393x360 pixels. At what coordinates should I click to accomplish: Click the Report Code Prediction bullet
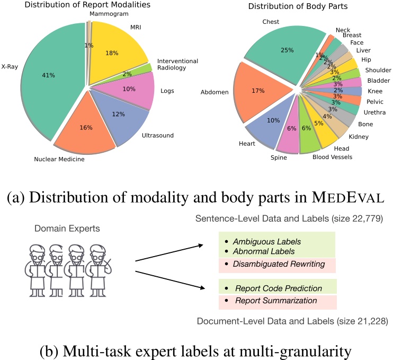(279, 288)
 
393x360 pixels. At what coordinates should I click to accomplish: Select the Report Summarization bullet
(276, 301)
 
